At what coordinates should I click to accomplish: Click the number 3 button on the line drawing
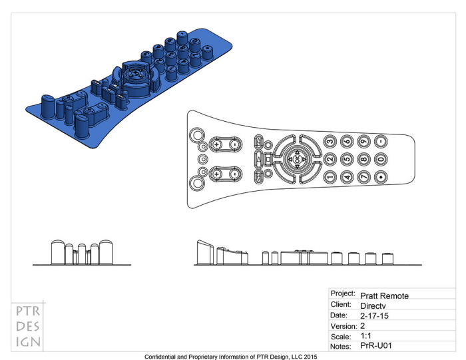[330, 142]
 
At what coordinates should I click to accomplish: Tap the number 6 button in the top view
[346, 142]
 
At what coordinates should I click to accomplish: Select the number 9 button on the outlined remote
[363, 142]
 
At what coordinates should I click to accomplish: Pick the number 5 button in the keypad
[346, 160]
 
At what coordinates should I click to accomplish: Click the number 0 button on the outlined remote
[380, 160]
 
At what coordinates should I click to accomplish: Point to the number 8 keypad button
[363, 160]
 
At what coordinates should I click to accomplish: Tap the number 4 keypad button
[346, 177]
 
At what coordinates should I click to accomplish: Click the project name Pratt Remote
[384, 295]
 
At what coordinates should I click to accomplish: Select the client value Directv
[373, 305]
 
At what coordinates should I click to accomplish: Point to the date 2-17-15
[374, 317]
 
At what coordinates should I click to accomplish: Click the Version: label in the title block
[343, 327]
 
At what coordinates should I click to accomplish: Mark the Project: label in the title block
[343, 293]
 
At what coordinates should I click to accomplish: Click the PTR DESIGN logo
[28, 326]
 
